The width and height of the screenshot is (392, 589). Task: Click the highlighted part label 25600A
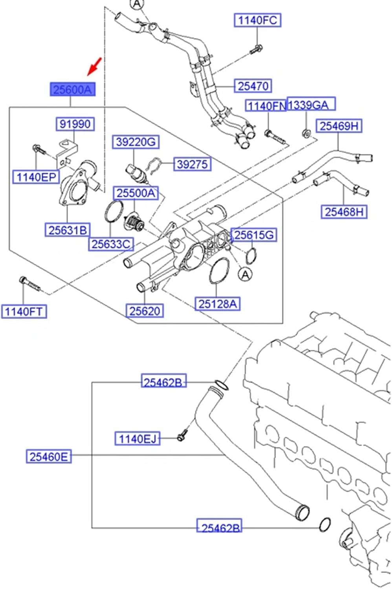pos(72,90)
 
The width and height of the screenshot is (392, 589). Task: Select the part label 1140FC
pos(258,20)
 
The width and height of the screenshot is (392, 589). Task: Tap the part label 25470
pos(253,86)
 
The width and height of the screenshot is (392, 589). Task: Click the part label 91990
pos(75,124)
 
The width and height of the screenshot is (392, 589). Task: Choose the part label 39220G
pos(136,142)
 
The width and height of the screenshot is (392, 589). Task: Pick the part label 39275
pos(192,164)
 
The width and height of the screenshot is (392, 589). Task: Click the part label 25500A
pos(136,193)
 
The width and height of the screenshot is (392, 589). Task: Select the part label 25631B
pos(68,230)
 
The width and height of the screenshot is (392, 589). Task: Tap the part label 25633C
pos(110,244)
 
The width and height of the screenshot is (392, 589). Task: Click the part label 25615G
pos(253,235)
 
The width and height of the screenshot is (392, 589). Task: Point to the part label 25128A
pos(217,304)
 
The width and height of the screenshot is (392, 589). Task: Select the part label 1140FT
pos(24,311)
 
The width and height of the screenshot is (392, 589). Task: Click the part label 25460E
pos(49,456)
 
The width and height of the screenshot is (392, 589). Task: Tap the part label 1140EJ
pos(137,438)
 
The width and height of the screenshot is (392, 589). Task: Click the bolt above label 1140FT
pos(29,284)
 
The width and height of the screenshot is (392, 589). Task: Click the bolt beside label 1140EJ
pos(182,435)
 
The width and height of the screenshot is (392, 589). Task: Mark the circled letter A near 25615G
pos(245,274)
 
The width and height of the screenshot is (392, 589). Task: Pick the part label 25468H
pos(344,212)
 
